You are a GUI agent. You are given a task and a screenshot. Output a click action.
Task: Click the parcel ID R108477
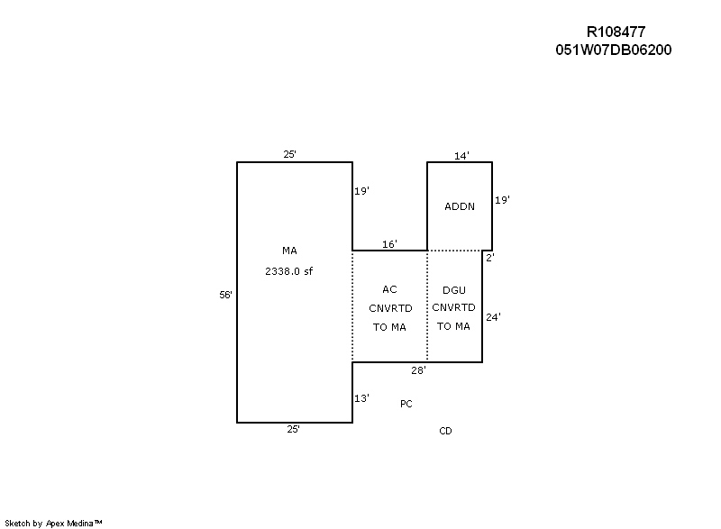point(616,32)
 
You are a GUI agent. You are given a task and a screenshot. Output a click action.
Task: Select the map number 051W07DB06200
point(614,50)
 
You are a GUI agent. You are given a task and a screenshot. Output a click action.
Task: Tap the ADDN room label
point(460,206)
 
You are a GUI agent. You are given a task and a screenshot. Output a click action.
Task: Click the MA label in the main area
point(289,251)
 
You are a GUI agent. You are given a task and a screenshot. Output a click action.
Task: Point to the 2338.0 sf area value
point(288,271)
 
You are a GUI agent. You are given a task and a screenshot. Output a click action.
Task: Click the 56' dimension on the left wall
point(225,295)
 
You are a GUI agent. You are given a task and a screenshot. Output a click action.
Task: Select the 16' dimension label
point(389,244)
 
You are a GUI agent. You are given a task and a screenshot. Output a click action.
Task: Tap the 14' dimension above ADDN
point(461,156)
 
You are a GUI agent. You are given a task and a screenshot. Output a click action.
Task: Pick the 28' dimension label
point(418,370)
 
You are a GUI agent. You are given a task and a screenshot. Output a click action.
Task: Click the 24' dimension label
point(493,317)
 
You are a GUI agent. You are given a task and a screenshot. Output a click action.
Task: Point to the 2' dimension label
point(490,258)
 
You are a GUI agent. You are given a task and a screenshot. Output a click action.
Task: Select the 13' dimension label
point(361,398)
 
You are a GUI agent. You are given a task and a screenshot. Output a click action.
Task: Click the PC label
point(406,404)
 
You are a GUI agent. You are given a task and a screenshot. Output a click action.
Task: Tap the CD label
point(445,431)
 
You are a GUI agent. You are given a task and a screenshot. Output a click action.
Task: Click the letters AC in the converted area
point(389,289)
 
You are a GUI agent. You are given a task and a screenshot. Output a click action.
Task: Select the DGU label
point(454,290)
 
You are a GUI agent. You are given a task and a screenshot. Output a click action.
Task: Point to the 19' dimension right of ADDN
point(502,200)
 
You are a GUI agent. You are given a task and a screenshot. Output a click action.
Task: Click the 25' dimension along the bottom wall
point(294,429)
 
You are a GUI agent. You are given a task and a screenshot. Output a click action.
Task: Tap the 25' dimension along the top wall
point(289,154)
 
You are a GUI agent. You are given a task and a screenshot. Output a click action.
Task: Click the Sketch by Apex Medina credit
point(53,523)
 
